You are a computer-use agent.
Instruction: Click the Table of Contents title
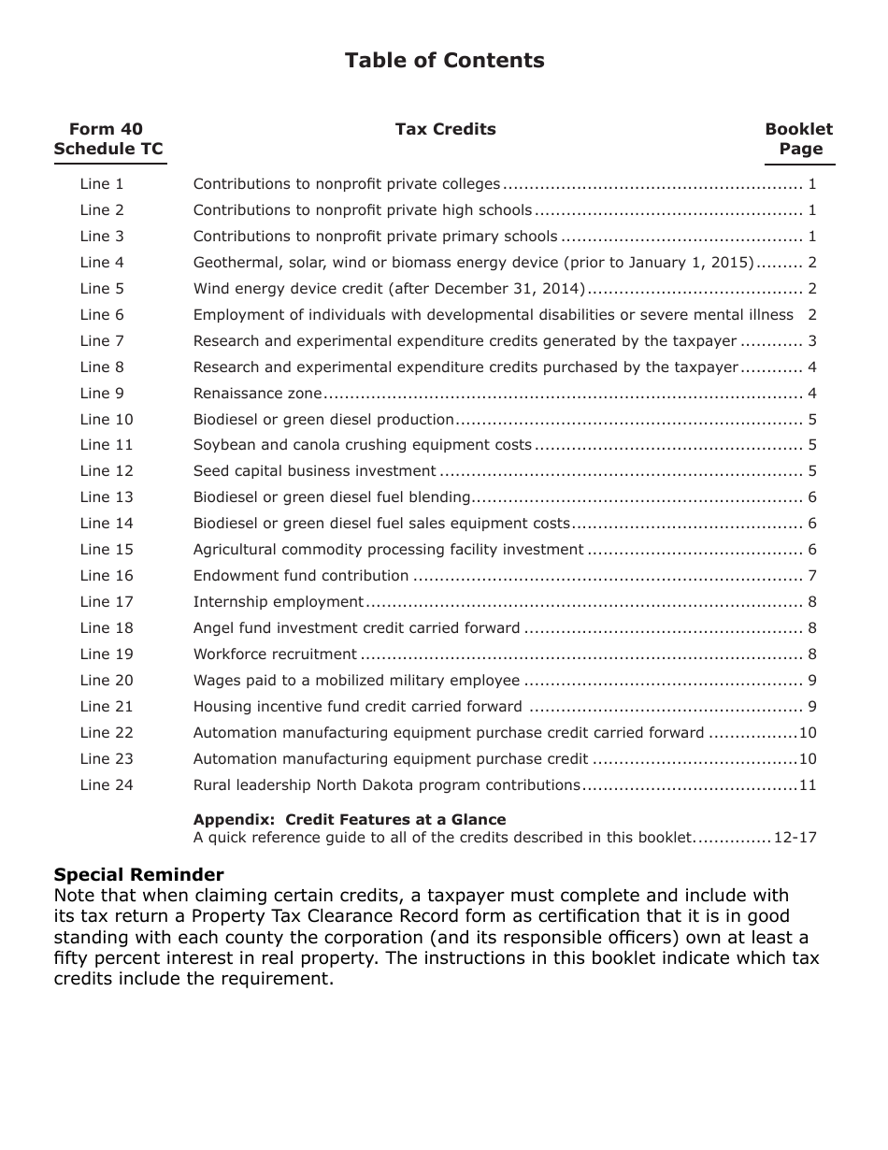click(x=444, y=61)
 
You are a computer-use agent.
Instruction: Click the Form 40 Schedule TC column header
click(x=107, y=139)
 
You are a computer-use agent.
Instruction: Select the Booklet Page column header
click(x=799, y=139)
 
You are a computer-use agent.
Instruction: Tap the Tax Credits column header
click(x=445, y=129)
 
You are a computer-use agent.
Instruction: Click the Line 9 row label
click(x=102, y=394)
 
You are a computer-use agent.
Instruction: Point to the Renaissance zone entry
click(x=257, y=394)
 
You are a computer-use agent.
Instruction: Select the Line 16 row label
click(x=107, y=576)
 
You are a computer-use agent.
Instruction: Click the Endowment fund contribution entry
click(x=301, y=576)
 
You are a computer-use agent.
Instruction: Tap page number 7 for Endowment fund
click(x=812, y=576)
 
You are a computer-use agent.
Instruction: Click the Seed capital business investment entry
click(x=315, y=471)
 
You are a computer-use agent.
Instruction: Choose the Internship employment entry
click(x=279, y=602)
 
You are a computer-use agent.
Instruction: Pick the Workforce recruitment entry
click(x=275, y=654)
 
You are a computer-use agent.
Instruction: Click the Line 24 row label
click(x=107, y=785)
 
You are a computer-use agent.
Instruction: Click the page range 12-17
click(x=795, y=838)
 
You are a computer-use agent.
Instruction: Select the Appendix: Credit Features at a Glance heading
click(x=350, y=820)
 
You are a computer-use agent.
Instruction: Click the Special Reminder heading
click(x=138, y=875)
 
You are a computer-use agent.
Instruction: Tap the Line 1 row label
click(x=102, y=184)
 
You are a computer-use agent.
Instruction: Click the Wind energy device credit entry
click(x=389, y=289)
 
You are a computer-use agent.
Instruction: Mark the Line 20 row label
click(x=107, y=681)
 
